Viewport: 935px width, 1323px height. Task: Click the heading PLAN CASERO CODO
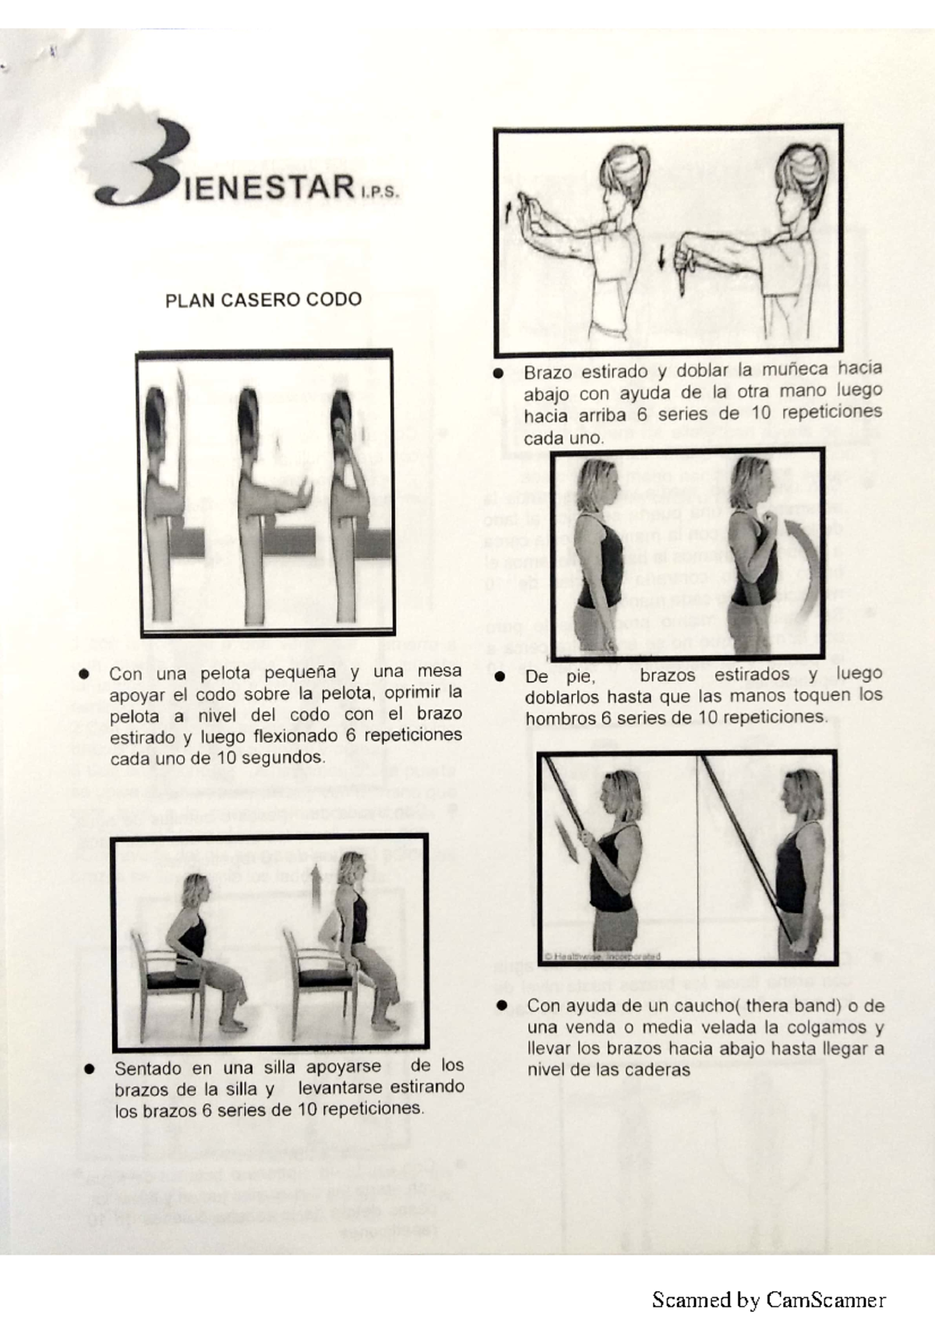pos(263,300)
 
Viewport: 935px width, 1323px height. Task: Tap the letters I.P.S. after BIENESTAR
pos(379,193)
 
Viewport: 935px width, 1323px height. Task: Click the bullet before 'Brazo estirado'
pos(499,372)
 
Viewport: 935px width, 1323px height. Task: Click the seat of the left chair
pos(173,978)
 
